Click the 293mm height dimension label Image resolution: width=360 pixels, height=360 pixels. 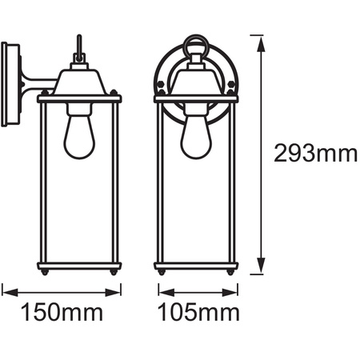[x=314, y=154]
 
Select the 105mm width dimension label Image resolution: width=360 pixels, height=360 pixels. [x=197, y=311]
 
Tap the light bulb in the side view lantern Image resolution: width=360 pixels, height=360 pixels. [x=78, y=137]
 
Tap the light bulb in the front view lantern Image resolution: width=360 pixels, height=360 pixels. [x=196, y=137]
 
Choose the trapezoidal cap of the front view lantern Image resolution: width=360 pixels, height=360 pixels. [x=196, y=80]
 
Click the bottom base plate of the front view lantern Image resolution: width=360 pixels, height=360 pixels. [x=196, y=266]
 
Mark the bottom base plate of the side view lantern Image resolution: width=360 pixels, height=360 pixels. [x=78, y=266]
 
